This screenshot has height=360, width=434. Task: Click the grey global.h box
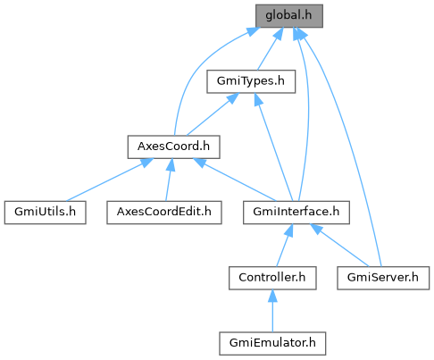click(289, 16)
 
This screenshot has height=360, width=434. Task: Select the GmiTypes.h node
click(251, 81)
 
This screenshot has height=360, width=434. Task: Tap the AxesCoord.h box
click(173, 147)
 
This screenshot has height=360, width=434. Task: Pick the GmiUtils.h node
click(46, 213)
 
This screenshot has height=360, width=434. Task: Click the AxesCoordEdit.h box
click(164, 213)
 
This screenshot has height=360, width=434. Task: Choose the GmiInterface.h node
click(296, 213)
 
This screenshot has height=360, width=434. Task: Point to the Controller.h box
click(272, 278)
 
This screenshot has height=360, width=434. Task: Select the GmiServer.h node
click(383, 278)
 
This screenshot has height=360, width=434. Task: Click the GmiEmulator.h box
click(272, 343)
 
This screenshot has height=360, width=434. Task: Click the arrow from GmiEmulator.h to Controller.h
click(272, 311)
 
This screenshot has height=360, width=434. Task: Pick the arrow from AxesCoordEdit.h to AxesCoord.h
click(169, 180)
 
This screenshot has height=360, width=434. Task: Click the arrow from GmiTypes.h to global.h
click(271, 49)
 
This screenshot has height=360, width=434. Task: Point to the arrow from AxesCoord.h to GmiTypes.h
click(213, 114)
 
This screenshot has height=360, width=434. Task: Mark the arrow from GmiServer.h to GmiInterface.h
click(339, 246)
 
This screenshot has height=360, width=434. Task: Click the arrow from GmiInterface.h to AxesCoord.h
click(235, 180)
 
